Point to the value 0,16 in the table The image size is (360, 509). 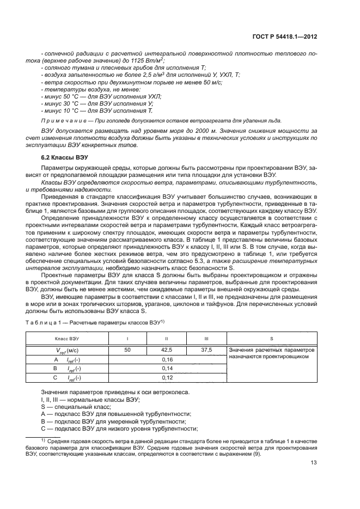coord(167,360)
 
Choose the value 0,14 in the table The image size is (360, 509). coord(167,369)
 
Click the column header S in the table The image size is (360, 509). coord(271,338)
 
